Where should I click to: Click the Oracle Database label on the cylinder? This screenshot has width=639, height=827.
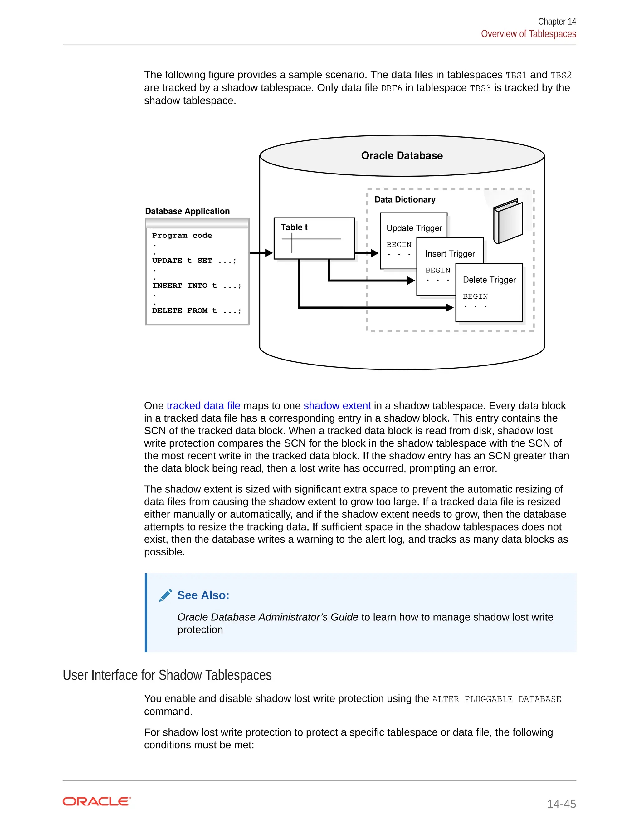[402, 156]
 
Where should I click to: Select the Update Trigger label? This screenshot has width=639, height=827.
[414, 228]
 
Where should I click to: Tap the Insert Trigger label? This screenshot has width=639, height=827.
[450, 254]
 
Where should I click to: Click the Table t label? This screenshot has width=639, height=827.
[294, 227]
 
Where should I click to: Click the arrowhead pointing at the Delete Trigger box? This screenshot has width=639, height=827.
[449, 307]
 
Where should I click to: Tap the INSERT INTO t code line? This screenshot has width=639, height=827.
[197, 286]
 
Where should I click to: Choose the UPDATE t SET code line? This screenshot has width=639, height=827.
[194, 261]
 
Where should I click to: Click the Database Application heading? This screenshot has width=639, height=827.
[188, 211]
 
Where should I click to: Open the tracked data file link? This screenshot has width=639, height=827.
[203, 406]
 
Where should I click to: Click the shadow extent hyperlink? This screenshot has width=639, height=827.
[337, 406]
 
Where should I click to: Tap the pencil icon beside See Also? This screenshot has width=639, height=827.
[165, 595]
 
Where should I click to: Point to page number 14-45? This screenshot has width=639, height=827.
[561, 804]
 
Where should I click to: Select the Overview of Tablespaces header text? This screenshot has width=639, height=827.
[528, 34]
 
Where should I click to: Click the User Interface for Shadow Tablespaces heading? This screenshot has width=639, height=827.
[167, 675]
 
